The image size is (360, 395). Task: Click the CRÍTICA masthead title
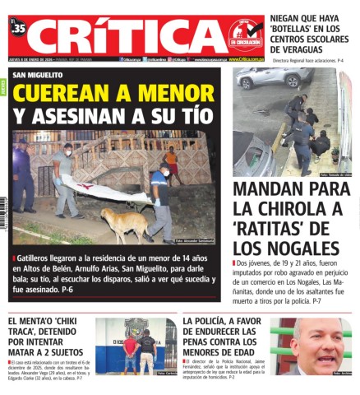[x=123, y=35]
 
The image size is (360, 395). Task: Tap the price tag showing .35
[x=18, y=28]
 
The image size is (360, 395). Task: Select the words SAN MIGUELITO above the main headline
[x=39, y=75]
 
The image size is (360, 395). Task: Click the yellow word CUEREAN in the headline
[x=57, y=92]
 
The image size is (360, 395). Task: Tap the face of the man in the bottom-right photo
[x=317, y=342]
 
